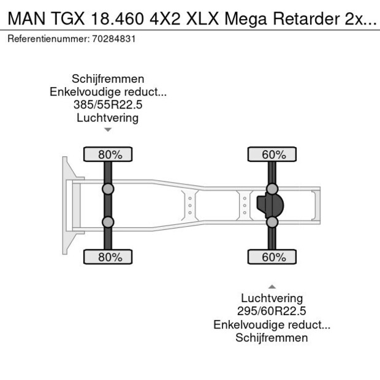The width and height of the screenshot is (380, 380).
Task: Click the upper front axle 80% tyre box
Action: tap(108, 154)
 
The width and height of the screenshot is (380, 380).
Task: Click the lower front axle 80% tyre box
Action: tap(108, 257)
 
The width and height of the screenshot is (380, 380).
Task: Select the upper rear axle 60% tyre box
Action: tap(272, 154)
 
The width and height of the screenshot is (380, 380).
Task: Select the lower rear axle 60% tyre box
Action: tap(272, 257)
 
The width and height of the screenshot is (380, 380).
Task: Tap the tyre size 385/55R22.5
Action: tap(108, 105)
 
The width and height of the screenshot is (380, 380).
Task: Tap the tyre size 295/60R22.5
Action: tap(272, 311)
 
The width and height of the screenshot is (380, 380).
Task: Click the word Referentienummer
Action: tap(45, 38)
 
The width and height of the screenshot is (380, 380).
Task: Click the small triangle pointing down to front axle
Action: tap(108, 129)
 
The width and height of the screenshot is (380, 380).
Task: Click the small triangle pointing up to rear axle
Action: tap(272, 286)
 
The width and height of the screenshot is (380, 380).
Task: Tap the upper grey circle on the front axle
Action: tap(108, 189)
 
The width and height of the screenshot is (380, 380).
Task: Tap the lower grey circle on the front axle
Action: tap(108, 222)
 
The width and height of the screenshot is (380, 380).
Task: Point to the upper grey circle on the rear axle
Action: tap(272, 188)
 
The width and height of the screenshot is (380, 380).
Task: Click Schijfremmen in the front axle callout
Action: tap(108, 79)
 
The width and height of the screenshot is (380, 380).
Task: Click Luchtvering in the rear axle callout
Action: tap(272, 298)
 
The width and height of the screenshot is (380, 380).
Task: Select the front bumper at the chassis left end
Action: tap(66, 205)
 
